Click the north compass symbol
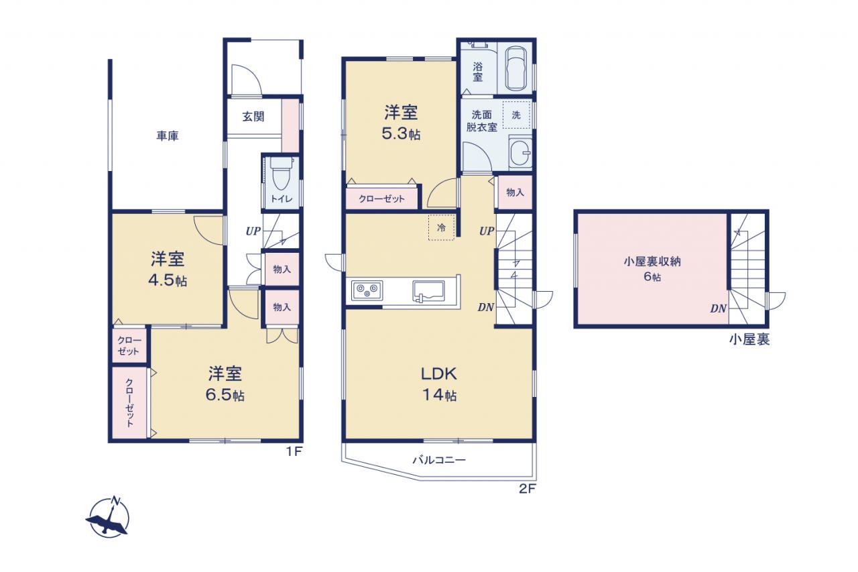[x=109, y=517]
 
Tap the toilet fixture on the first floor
[x=281, y=174]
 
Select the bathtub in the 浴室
[x=515, y=69]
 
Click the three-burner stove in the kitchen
[x=367, y=290]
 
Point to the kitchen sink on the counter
[x=428, y=292]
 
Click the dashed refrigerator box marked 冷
[x=441, y=227]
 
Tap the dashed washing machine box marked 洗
[x=516, y=115]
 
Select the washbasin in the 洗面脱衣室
[x=520, y=152]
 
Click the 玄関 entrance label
[x=253, y=117]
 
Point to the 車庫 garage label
[x=168, y=135]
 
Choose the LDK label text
[x=439, y=374]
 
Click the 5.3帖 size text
[x=401, y=134]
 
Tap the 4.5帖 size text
[x=168, y=280]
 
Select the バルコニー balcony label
[x=439, y=460]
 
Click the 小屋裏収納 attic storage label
[x=652, y=262]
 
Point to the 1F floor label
[x=294, y=452]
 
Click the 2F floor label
[x=528, y=490]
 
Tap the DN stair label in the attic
[x=718, y=308]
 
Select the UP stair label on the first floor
[x=253, y=231]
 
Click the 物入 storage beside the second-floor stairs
[x=515, y=192]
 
